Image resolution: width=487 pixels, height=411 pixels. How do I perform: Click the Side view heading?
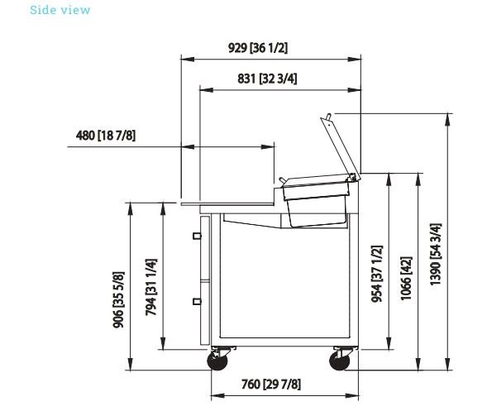click(60, 10)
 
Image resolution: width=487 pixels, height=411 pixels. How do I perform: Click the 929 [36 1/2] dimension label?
click(258, 48)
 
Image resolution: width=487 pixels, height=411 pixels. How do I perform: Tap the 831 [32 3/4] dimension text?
click(267, 79)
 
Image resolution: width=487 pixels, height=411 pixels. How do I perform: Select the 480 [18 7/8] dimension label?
click(106, 136)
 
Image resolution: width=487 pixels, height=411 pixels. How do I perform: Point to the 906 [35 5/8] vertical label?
click(118, 300)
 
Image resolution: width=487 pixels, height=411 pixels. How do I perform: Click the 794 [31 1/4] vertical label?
click(151, 287)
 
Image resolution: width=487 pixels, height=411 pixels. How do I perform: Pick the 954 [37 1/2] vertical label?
click(377, 274)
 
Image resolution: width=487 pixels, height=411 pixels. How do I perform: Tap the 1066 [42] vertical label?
click(406, 279)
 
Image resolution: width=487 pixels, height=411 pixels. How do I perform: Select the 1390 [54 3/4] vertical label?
click(435, 254)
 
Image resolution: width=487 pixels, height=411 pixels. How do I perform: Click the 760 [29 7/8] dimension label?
click(271, 385)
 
